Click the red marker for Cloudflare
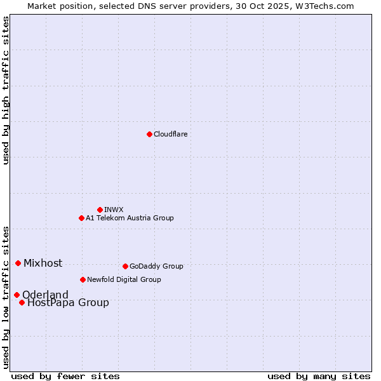[149, 134]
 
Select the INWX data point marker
[100, 210]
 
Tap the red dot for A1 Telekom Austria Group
[81, 218]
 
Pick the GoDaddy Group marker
[125, 266]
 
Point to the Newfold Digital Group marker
[83, 279]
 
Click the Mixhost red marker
[18, 263]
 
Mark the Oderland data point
[17, 295]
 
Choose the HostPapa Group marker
[22, 302]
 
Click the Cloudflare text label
[170, 134]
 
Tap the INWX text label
[114, 210]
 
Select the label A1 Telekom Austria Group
[130, 218]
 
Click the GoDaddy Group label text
[156, 266]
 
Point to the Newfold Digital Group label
[124, 279]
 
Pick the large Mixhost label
[43, 263]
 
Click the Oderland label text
[45, 295]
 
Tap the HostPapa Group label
[68, 302]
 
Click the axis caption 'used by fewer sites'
[65, 376]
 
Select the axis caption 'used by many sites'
[319, 376]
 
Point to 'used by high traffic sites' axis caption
[6, 90]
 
